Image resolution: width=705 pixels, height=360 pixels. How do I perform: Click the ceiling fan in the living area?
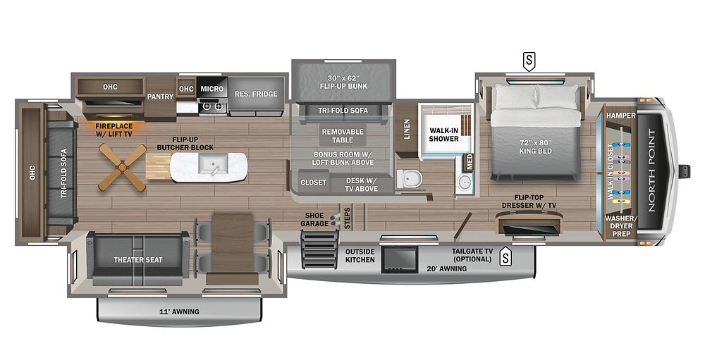122,167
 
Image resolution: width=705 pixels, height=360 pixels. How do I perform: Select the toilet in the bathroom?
409,179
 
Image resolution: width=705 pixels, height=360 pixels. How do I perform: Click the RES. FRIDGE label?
257,94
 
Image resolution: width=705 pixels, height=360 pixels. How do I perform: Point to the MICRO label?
211,89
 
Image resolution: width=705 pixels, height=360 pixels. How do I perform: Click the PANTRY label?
161,97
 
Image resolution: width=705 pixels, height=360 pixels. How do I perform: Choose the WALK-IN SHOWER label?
443,135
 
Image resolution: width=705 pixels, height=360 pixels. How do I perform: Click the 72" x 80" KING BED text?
536,147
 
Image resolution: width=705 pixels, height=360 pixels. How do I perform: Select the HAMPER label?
621,116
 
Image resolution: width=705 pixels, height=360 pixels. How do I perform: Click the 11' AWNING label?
179,311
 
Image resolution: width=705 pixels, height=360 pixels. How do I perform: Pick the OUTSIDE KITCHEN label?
360,256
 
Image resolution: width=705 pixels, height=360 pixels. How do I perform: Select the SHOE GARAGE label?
314,219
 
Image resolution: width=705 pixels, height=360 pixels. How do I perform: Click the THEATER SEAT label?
138,260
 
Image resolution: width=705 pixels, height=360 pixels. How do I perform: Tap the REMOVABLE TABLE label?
343,136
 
